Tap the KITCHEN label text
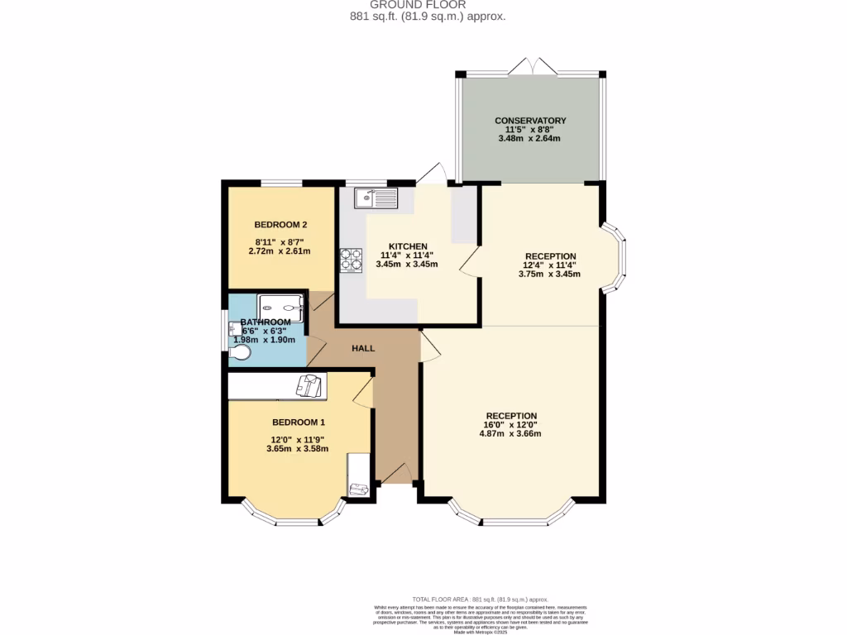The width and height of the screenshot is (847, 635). point(407,246)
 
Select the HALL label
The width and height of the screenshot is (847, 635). point(363,348)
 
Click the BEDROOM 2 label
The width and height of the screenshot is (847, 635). point(280,225)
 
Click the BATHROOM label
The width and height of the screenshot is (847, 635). point(266,322)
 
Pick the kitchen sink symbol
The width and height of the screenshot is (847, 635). point(376,198)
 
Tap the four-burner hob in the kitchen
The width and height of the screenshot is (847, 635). point(351,260)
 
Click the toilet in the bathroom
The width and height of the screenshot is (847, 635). point(240,353)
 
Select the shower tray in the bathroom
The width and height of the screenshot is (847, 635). point(281,307)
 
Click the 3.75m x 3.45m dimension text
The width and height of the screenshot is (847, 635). point(549,274)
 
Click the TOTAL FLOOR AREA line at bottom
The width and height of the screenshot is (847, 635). point(480,599)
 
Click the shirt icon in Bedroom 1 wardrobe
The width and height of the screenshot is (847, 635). point(309,386)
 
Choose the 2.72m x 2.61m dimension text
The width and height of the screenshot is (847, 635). point(280,251)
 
